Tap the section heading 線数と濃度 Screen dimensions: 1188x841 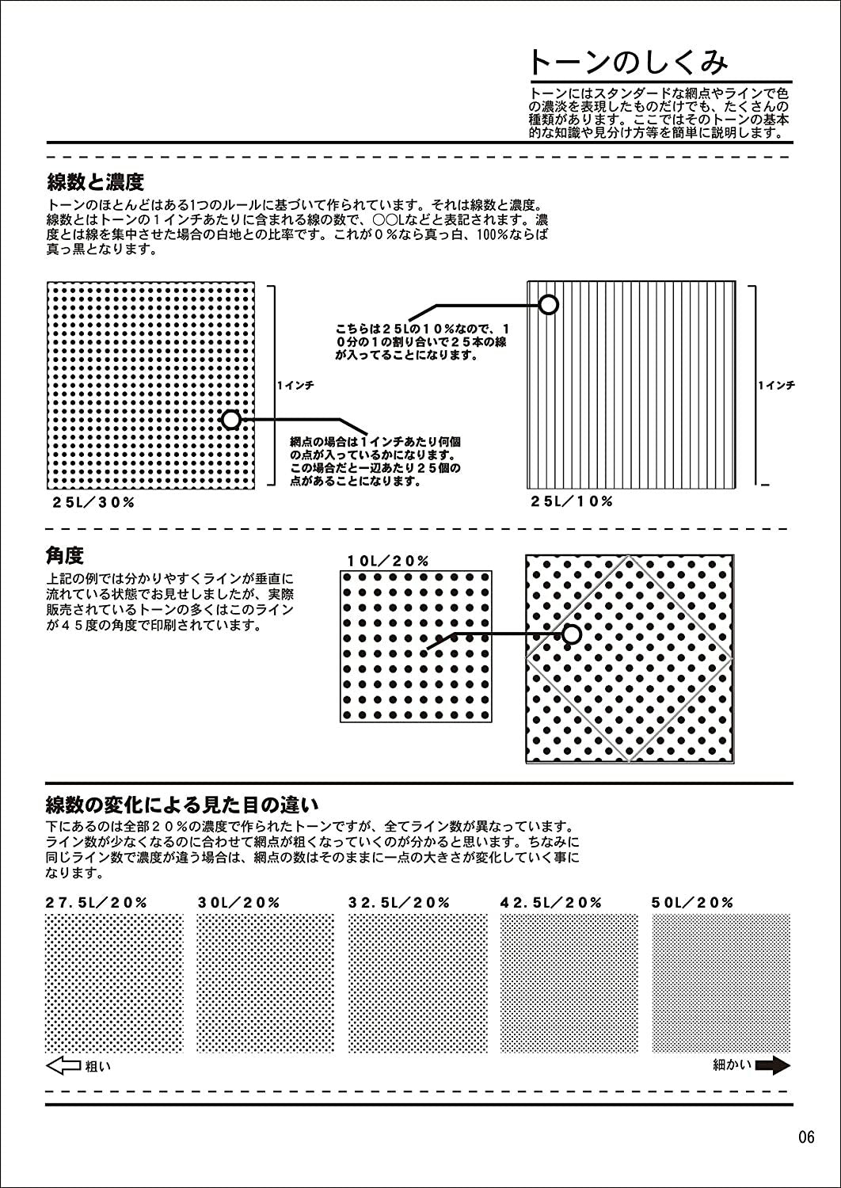click(96, 183)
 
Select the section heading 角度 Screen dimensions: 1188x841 click(65, 555)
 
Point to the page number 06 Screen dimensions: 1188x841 click(806, 1137)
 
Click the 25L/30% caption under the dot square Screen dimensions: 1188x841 click(93, 502)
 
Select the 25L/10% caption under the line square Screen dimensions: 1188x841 click(572, 501)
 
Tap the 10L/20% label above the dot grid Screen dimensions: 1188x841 click(388, 562)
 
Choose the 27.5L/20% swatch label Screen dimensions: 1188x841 click(97, 902)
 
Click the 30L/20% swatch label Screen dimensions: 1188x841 click(238, 902)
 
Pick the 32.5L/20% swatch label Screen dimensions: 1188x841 click(399, 902)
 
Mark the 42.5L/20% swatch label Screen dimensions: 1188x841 click(551, 902)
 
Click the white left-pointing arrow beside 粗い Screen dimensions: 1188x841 click(63, 1066)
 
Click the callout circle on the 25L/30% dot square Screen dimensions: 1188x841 click(230, 419)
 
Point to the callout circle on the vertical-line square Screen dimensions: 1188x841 click(549, 304)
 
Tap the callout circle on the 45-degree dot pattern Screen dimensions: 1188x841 click(572, 634)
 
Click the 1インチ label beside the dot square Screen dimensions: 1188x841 click(295, 385)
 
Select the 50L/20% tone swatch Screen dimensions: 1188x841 click(721, 983)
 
